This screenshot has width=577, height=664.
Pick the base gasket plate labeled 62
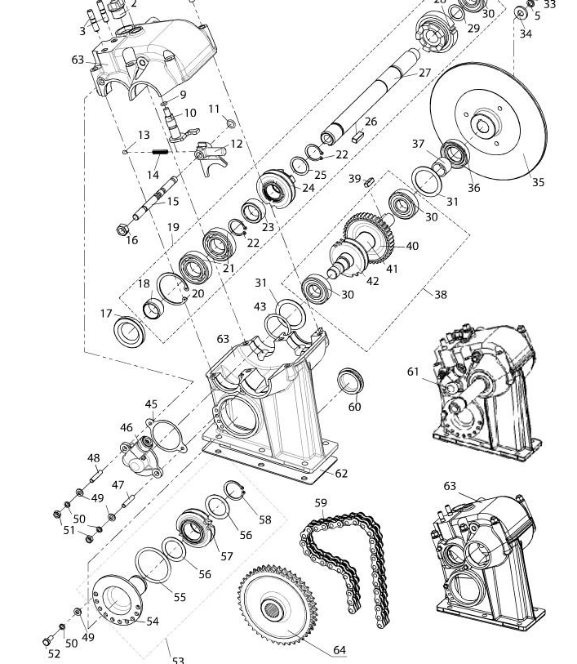(x=269, y=461)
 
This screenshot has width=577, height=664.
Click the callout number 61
(x=413, y=372)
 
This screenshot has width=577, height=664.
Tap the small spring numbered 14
(x=160, y=151)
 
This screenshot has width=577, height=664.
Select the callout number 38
(x=441, y=294)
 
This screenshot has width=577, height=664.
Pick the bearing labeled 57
(x=194, y=529)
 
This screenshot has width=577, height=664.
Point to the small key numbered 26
(x=357, y=136)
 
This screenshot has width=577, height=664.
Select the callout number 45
(x=151, y=404)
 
